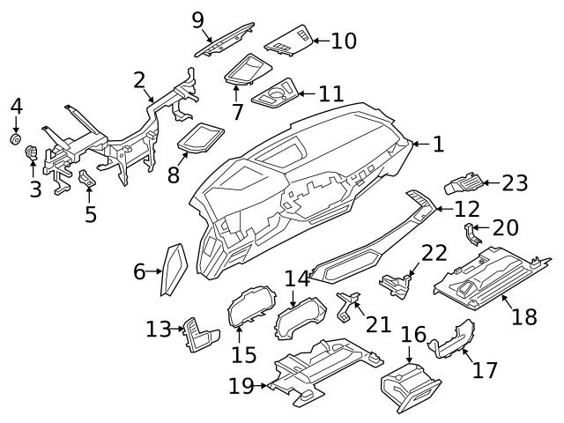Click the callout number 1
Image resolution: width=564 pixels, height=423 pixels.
click(438, 144)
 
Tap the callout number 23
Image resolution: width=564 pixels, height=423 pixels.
click(515, 183)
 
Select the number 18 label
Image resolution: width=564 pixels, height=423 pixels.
click(523, 316)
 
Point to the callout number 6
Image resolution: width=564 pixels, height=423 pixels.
click(139, 272)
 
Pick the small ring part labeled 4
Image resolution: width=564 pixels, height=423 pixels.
click(16, 139)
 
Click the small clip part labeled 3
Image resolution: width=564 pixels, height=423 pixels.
click(33, 156)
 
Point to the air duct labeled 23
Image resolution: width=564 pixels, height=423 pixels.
click(464, 184)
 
